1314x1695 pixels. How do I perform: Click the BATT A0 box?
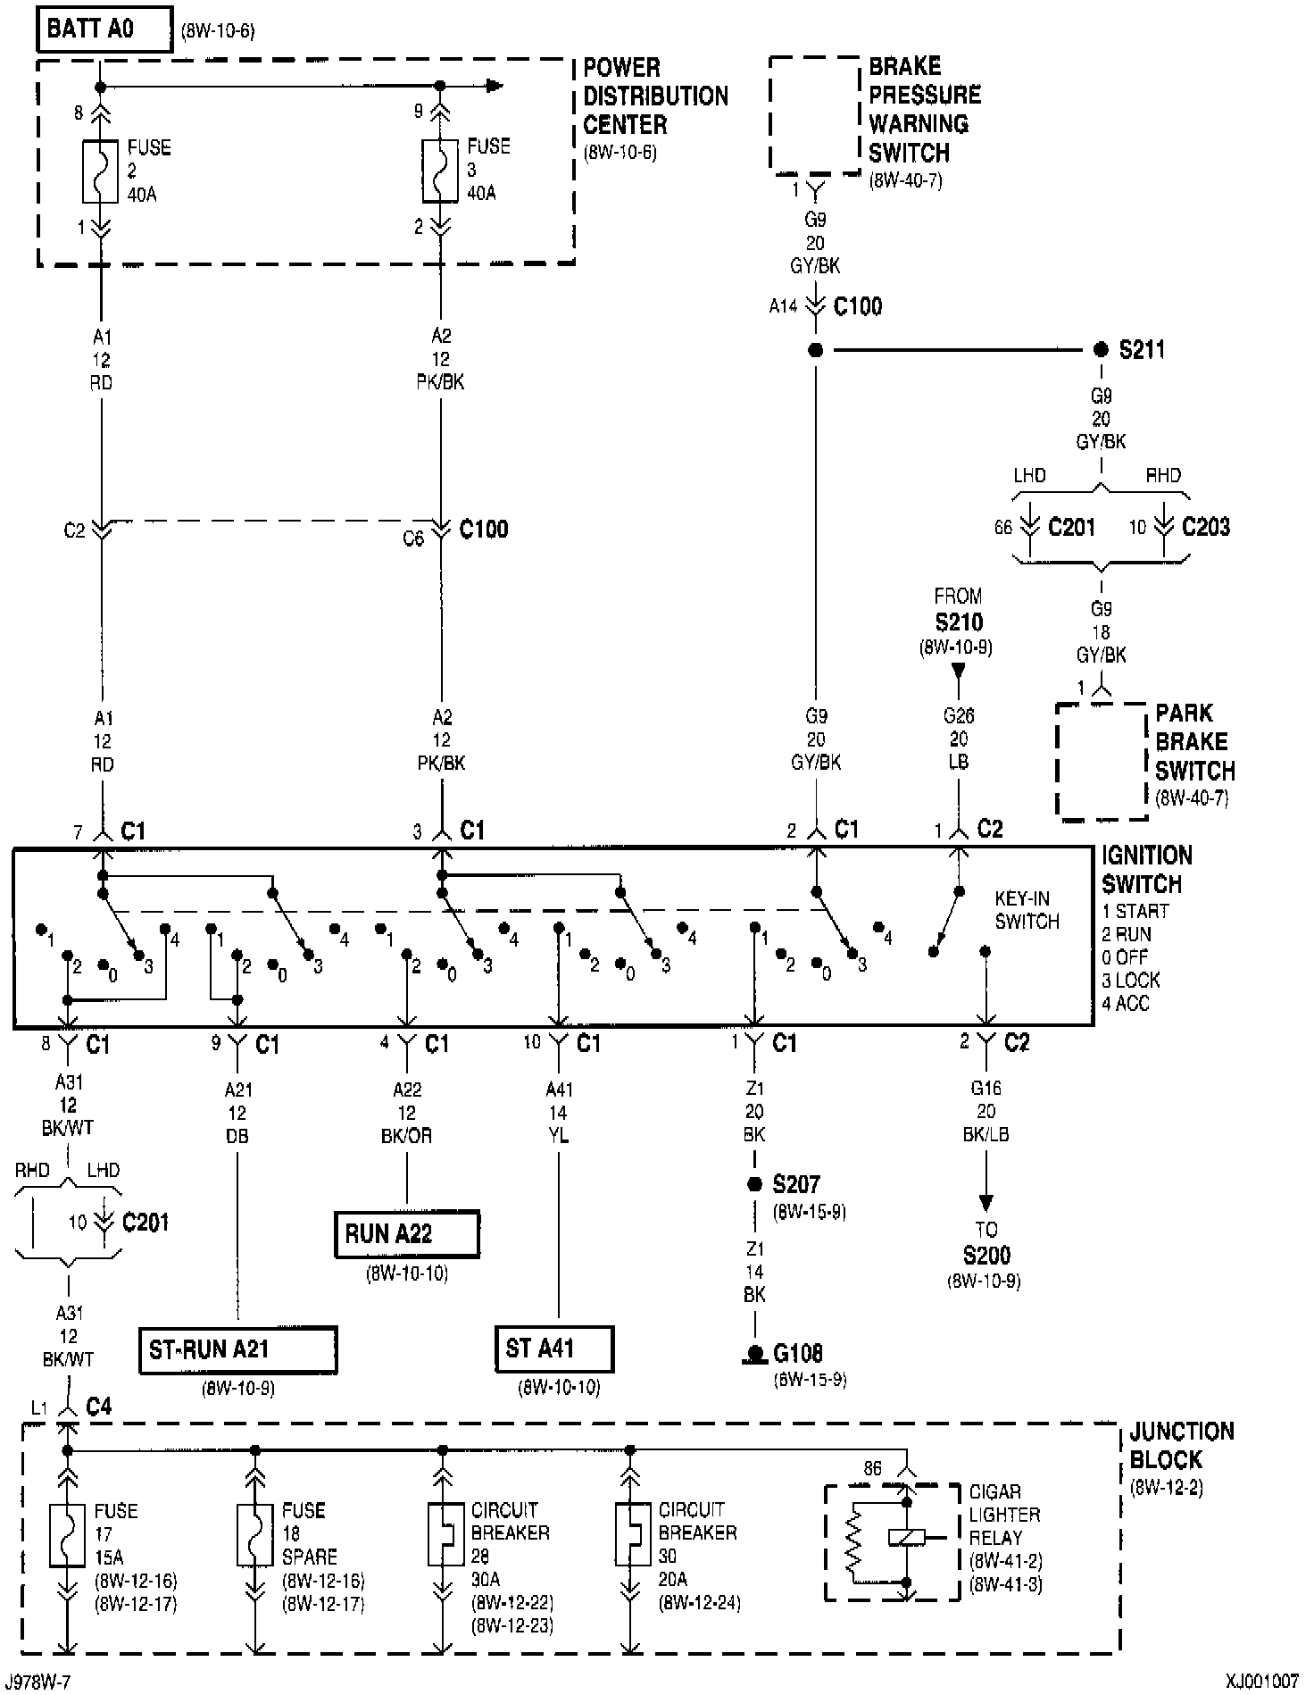[x=104, y=29]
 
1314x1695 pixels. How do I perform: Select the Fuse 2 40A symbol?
[x=101, y=171]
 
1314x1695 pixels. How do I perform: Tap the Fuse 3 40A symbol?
[x=440, y=170]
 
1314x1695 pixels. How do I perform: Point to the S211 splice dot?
[x=1101, y=350]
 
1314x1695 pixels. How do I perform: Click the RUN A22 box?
[x=407, y=1234]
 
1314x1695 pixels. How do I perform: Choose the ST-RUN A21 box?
[x=237, y=1349]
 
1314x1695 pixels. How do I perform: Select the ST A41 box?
[x=554, y=1348]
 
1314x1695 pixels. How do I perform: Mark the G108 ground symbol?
[x=755, y=1355]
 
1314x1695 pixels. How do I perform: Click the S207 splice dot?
[x=754, y=1184]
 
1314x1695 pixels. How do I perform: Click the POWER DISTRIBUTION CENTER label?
[x=655, y=96]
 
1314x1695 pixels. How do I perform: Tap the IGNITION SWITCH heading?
[x=1146, y=870]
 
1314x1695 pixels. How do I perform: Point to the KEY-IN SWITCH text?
[x=1027, y=910]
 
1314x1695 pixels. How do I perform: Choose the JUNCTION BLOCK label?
[x=1181, y=1446]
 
